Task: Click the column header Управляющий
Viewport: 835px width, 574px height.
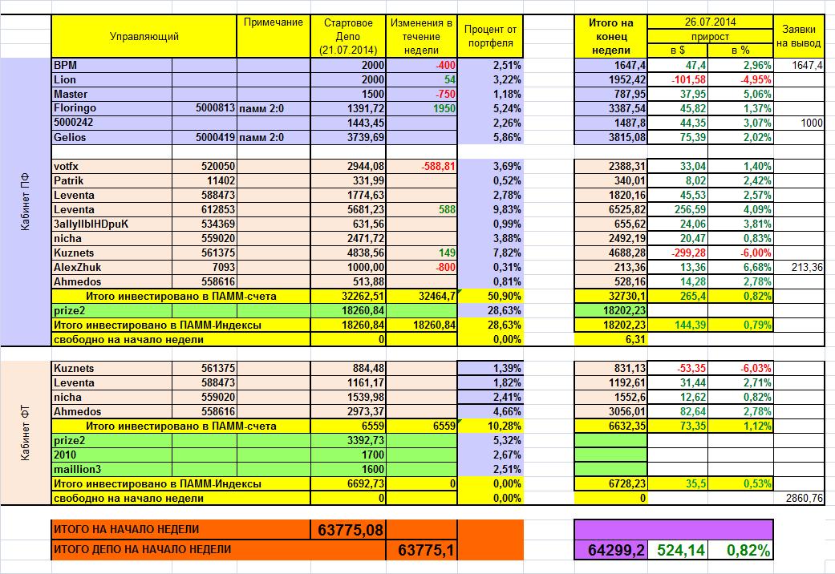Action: click(x=144, y=36)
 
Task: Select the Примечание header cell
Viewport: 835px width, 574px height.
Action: click(x=272, y=22)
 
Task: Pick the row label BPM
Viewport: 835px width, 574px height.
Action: click(x=66, y=65)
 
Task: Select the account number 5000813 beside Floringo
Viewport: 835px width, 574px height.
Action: click(x=214, y=108)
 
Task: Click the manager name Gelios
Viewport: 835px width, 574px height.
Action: click(x=70, y=137)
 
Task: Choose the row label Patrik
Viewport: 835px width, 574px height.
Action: click(x=68, y=180)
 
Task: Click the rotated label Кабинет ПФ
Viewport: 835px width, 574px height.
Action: click(x=25, y=202)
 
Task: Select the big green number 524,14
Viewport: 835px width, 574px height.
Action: click(x=682, y=551)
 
